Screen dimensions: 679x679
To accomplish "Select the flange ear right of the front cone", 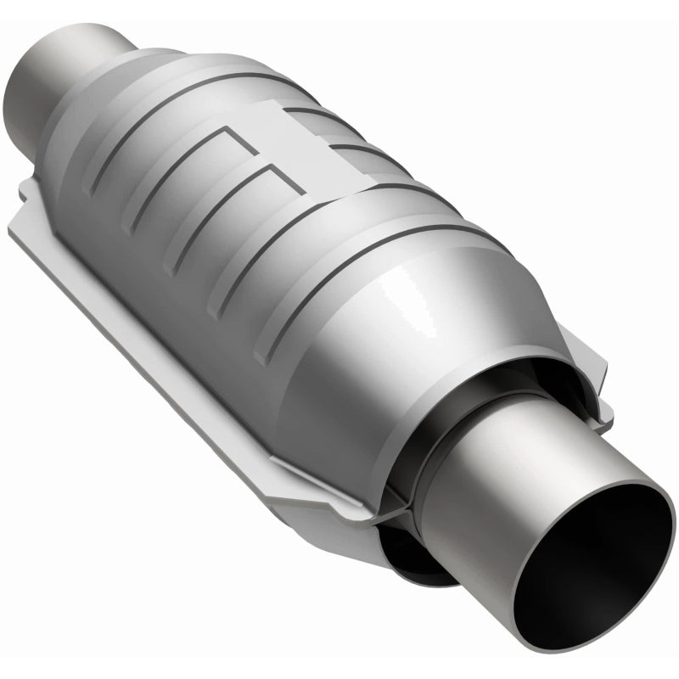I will [x=594, y=382].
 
